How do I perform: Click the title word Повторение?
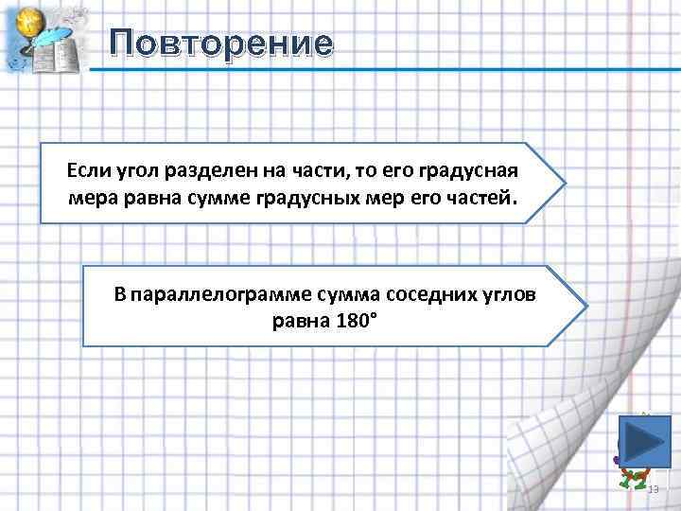click(x=220, y=44)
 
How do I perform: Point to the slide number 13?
click(x=652, y=487)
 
